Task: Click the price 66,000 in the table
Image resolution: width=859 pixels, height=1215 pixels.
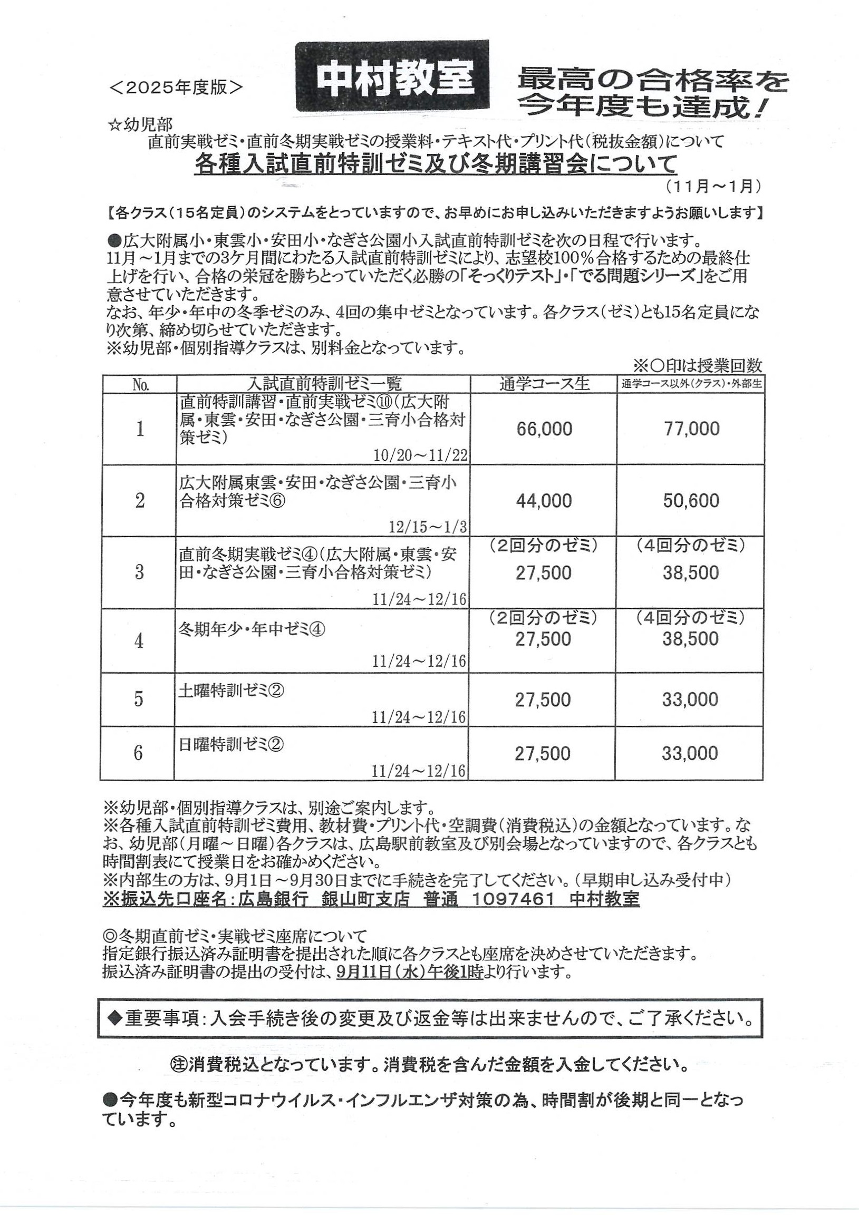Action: [544, 429]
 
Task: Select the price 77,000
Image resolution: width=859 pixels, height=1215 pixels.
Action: [692, 429]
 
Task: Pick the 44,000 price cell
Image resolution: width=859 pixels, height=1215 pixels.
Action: [544, 501]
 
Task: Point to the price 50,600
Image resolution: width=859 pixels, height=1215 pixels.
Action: [691, 501]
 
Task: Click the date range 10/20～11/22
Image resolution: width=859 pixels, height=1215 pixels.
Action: [420, 456]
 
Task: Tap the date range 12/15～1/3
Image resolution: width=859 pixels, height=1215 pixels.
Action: [428, 528]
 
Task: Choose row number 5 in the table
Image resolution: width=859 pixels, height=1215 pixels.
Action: [139, 699]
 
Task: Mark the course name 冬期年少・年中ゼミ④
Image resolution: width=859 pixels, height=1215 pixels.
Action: [252, 629]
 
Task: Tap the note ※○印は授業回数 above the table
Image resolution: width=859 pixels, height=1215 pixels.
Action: [698, 365]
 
